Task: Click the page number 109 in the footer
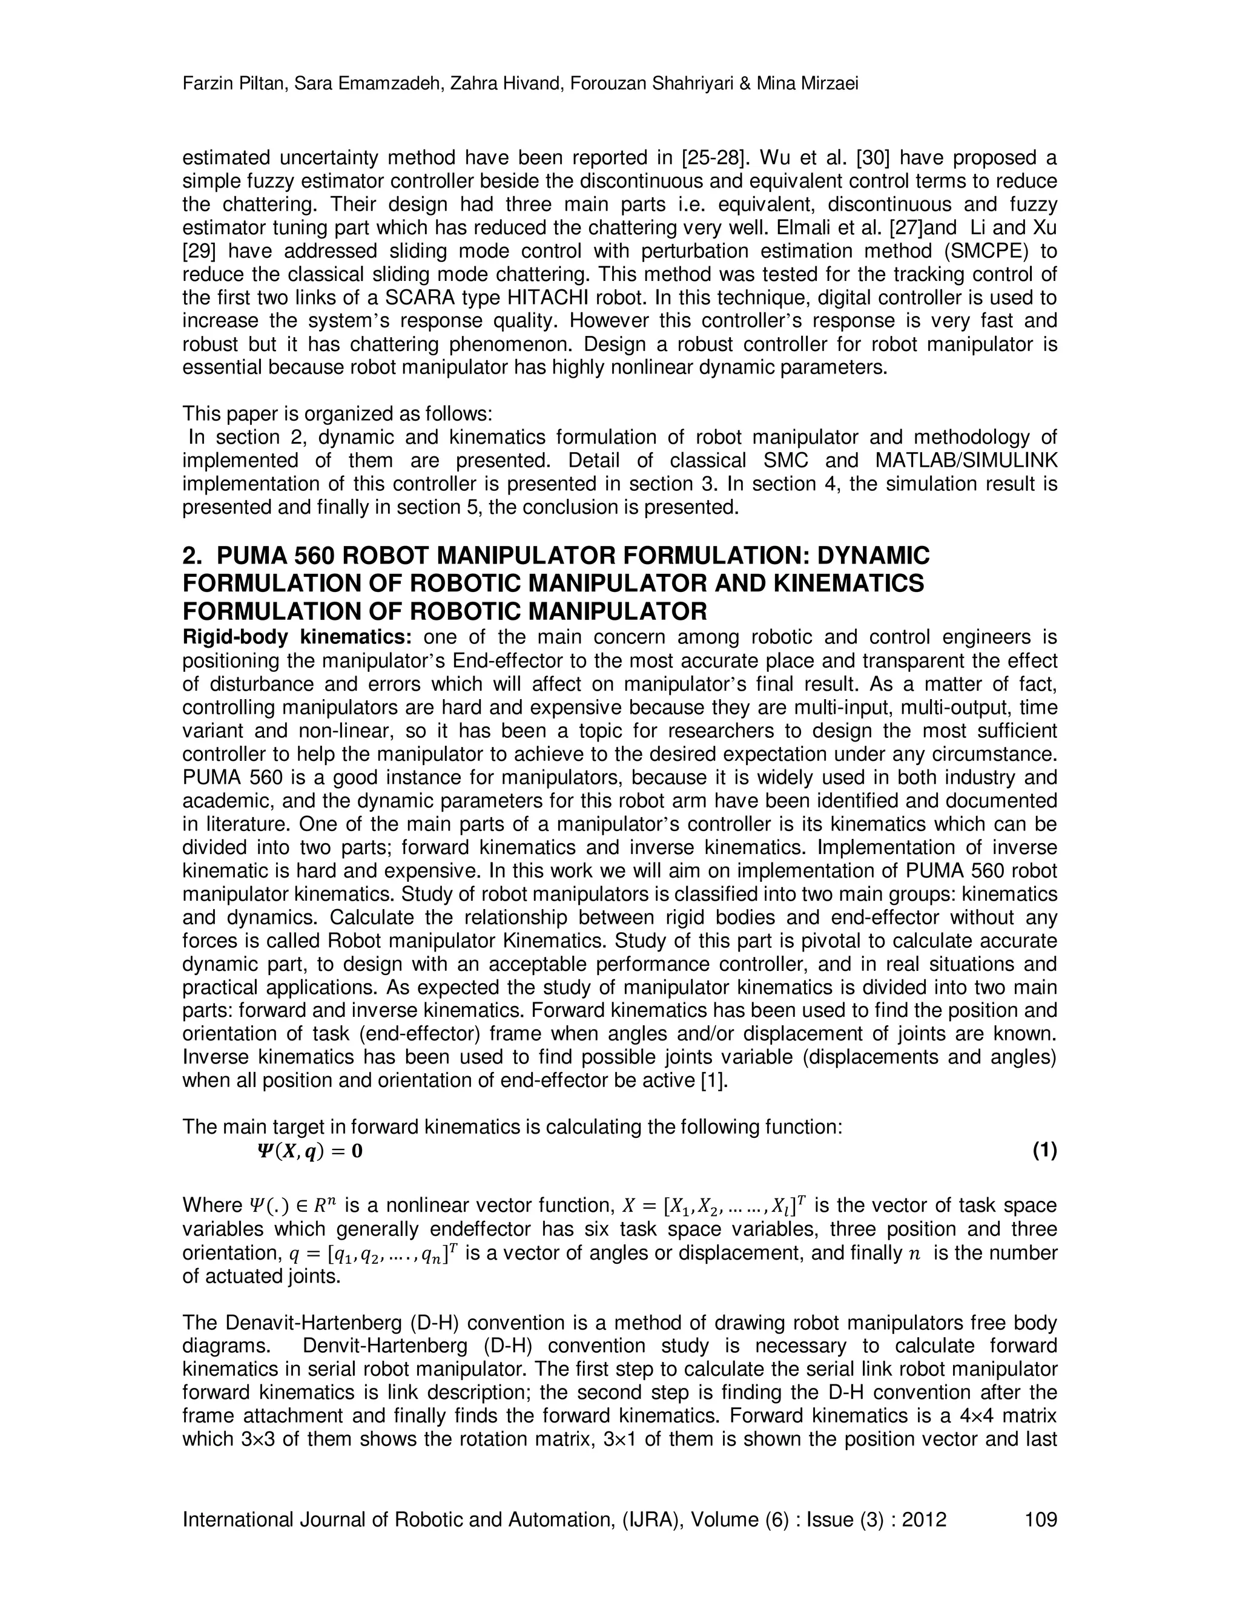coord(1040,1519)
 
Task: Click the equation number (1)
coord(1044,1151)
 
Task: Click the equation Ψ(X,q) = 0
coord(309,1151)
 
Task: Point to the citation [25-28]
coord(715,158)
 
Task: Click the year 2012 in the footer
coord(923,1519)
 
